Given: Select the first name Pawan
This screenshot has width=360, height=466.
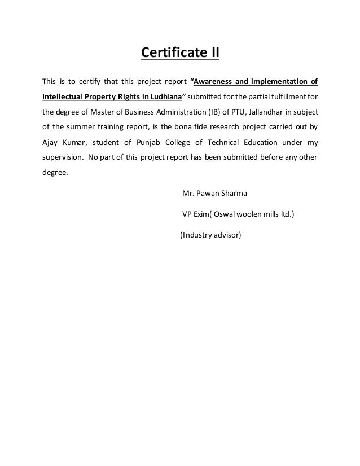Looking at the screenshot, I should click(x=209, y=195).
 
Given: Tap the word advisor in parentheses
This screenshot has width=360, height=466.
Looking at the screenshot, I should click(x=227, y=235).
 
